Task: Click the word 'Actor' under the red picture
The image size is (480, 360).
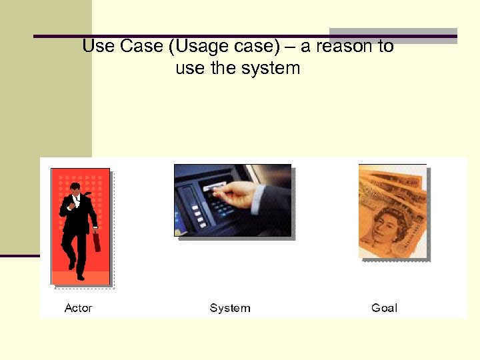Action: click(x=78, y=308)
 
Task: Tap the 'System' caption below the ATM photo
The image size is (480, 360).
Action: click(x=230, y=308)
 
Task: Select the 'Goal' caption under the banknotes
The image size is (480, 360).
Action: click(x=384, y=308)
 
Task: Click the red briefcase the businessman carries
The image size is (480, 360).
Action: click(x=97, y=241)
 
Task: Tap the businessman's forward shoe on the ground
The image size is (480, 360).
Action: click(x=80, y=276)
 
